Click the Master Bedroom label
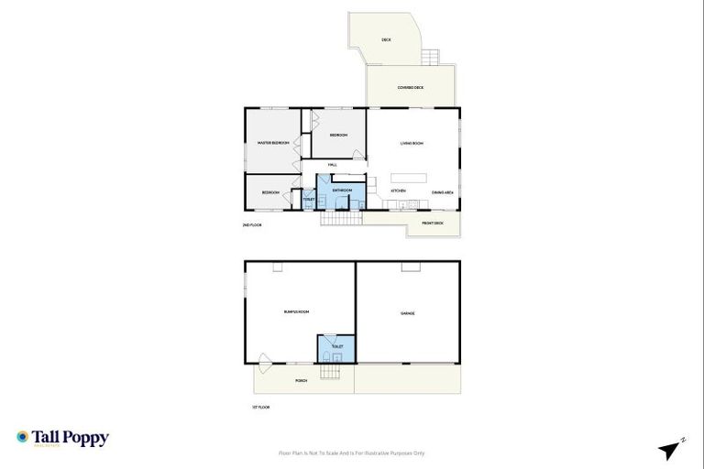[273, 143]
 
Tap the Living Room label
[411, 144]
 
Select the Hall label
[333, 165]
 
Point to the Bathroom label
[342, 191]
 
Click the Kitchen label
[399, 191]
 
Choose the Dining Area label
[443, 191]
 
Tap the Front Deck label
[433, 223]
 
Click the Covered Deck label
[410, 88]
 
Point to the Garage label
[408, 313]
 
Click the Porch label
[301, 380]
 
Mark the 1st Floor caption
[261, 407]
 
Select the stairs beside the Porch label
[330, 373]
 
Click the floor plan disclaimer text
[351, 453]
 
